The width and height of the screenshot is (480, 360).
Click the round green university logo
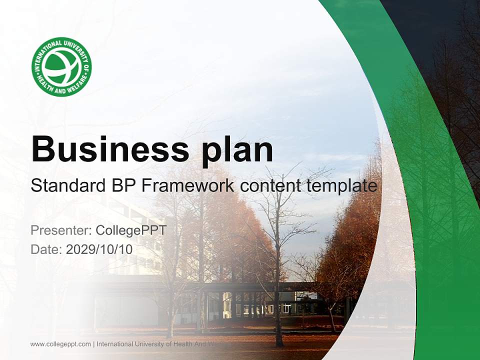tap(61, 66)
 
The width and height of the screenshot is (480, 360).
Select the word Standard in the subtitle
tap(66, 186)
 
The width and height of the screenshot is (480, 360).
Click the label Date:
tap(46, 249)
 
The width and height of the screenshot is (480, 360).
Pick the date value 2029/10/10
tap(99, 249)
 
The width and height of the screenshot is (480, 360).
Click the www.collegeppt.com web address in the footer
tap(60, 344)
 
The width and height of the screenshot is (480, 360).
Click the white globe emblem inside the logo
tap(61, 67)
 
